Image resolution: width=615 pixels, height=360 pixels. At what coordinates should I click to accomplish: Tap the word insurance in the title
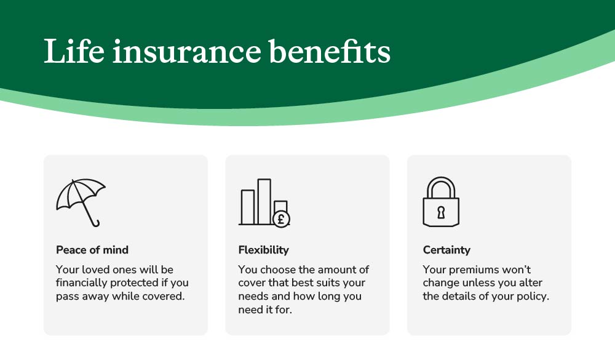(187, 52)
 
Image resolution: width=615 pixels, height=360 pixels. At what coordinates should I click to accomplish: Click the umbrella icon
(81, 202)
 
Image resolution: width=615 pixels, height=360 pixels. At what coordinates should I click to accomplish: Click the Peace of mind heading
(92, 250)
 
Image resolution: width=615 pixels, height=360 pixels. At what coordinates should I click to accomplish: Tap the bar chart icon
(264, 202)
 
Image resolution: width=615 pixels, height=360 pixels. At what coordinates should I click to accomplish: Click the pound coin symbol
(281, 218)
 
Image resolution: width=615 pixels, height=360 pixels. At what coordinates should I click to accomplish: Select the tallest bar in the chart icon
(264, 202)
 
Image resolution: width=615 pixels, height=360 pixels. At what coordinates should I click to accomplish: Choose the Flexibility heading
(264, 250)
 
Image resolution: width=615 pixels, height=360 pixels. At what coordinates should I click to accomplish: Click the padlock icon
(441, 202)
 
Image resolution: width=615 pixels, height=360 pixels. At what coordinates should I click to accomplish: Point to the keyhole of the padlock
(441, 212)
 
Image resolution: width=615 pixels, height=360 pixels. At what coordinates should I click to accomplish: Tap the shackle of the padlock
(441, 187)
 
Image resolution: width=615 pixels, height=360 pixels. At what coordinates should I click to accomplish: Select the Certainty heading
(446, 250)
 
